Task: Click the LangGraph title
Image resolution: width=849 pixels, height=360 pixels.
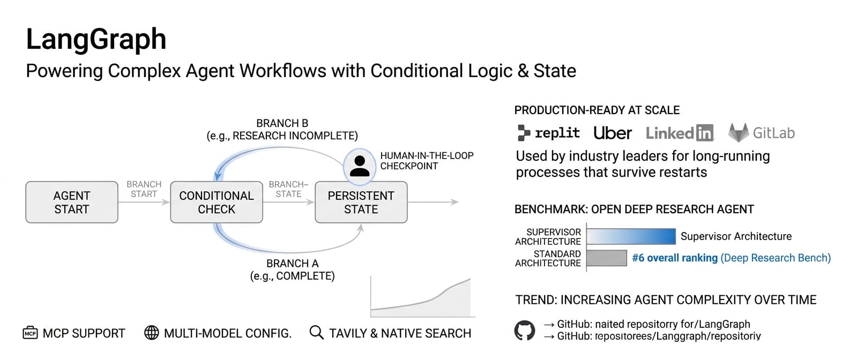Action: pos(96,39)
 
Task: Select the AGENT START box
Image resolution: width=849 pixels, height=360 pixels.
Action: pos(72,202)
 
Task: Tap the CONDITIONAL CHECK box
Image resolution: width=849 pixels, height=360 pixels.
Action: pos(217,202)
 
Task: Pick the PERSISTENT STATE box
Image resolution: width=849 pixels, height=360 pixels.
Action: pos(361,202)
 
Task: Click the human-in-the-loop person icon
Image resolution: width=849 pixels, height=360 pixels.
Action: pos(359,165)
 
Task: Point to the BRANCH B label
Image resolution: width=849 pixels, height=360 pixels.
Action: pos(282,123)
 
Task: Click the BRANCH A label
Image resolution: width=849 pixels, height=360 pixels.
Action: pos(292,264)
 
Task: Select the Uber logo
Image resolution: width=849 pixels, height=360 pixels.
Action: pos(612,133)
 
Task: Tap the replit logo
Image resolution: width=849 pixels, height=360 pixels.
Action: pos(548,133)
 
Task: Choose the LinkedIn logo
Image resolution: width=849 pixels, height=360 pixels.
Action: pos(680,133)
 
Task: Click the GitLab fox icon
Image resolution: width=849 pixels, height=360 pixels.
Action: pos(738,132)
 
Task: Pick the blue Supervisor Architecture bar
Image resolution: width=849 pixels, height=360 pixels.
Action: pos(631,236)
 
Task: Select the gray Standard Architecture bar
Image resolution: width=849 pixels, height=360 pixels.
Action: pos(607,258)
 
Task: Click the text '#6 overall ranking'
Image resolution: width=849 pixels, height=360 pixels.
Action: pos(674,258)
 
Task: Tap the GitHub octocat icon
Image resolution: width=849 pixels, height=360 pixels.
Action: pos(525,331)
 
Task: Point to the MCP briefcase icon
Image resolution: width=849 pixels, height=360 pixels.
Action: pos(31,333)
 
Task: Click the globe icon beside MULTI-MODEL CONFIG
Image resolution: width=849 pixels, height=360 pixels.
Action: pos(152,333)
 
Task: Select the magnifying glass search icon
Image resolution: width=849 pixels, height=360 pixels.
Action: pos(316,333)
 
